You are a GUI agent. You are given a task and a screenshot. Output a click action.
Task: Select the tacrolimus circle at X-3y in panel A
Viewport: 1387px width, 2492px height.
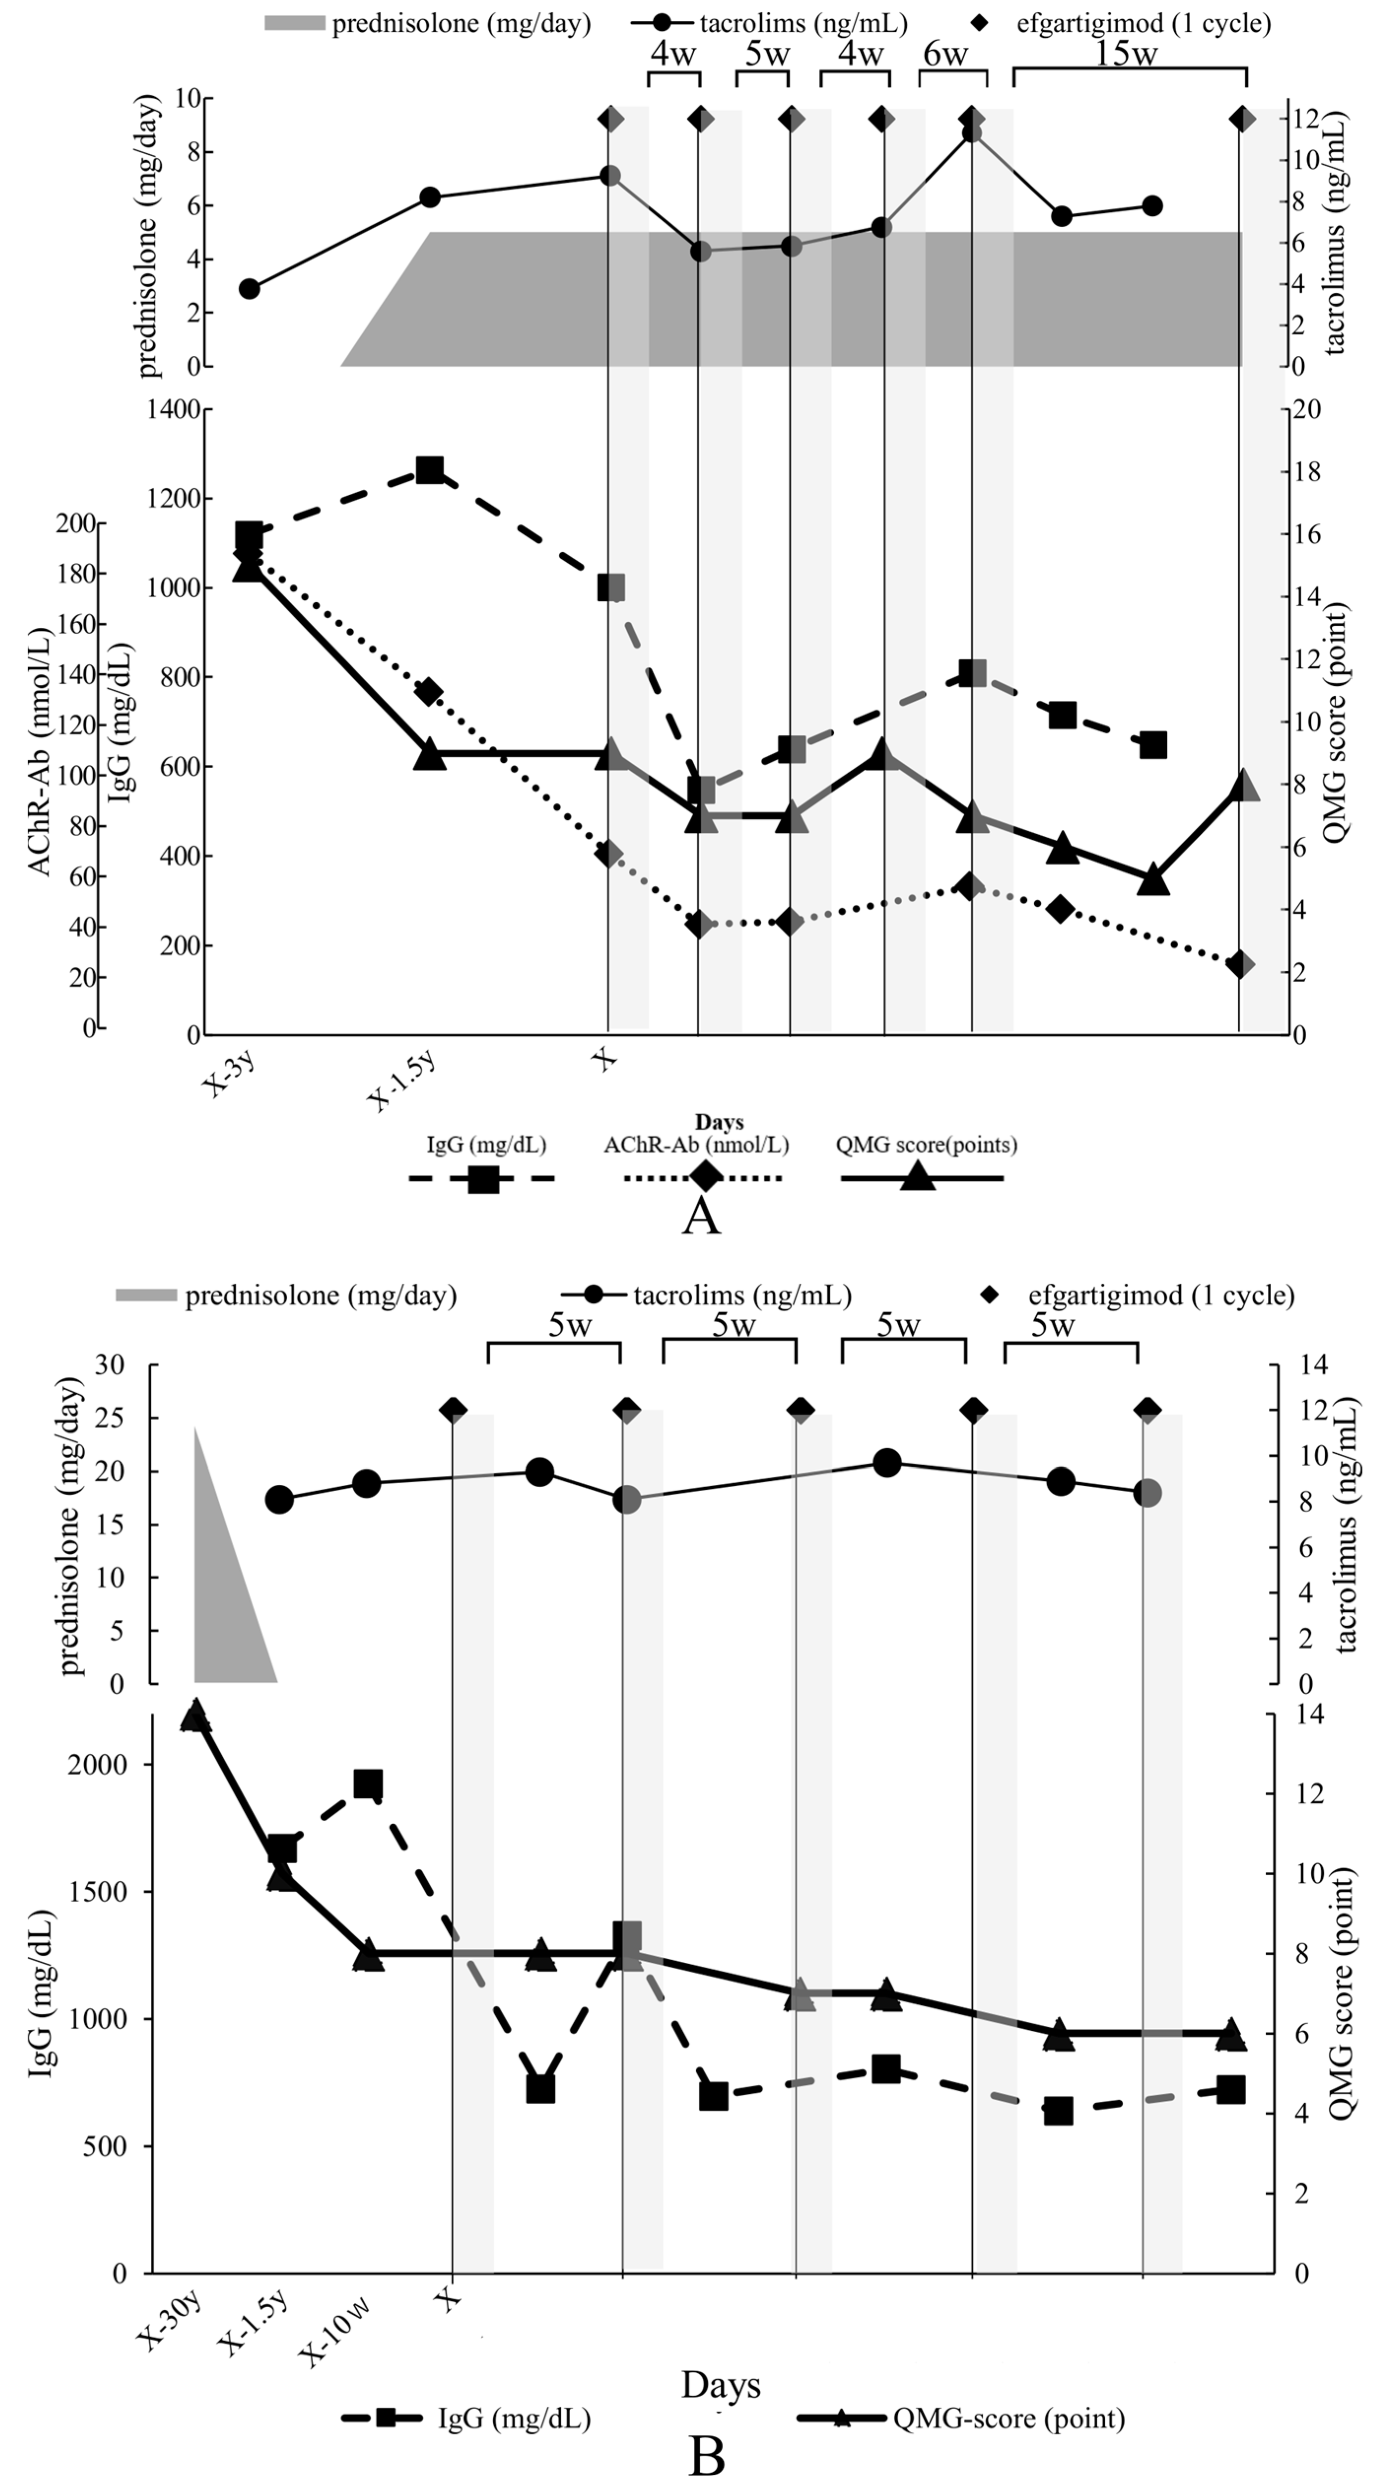pos(249,288)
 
